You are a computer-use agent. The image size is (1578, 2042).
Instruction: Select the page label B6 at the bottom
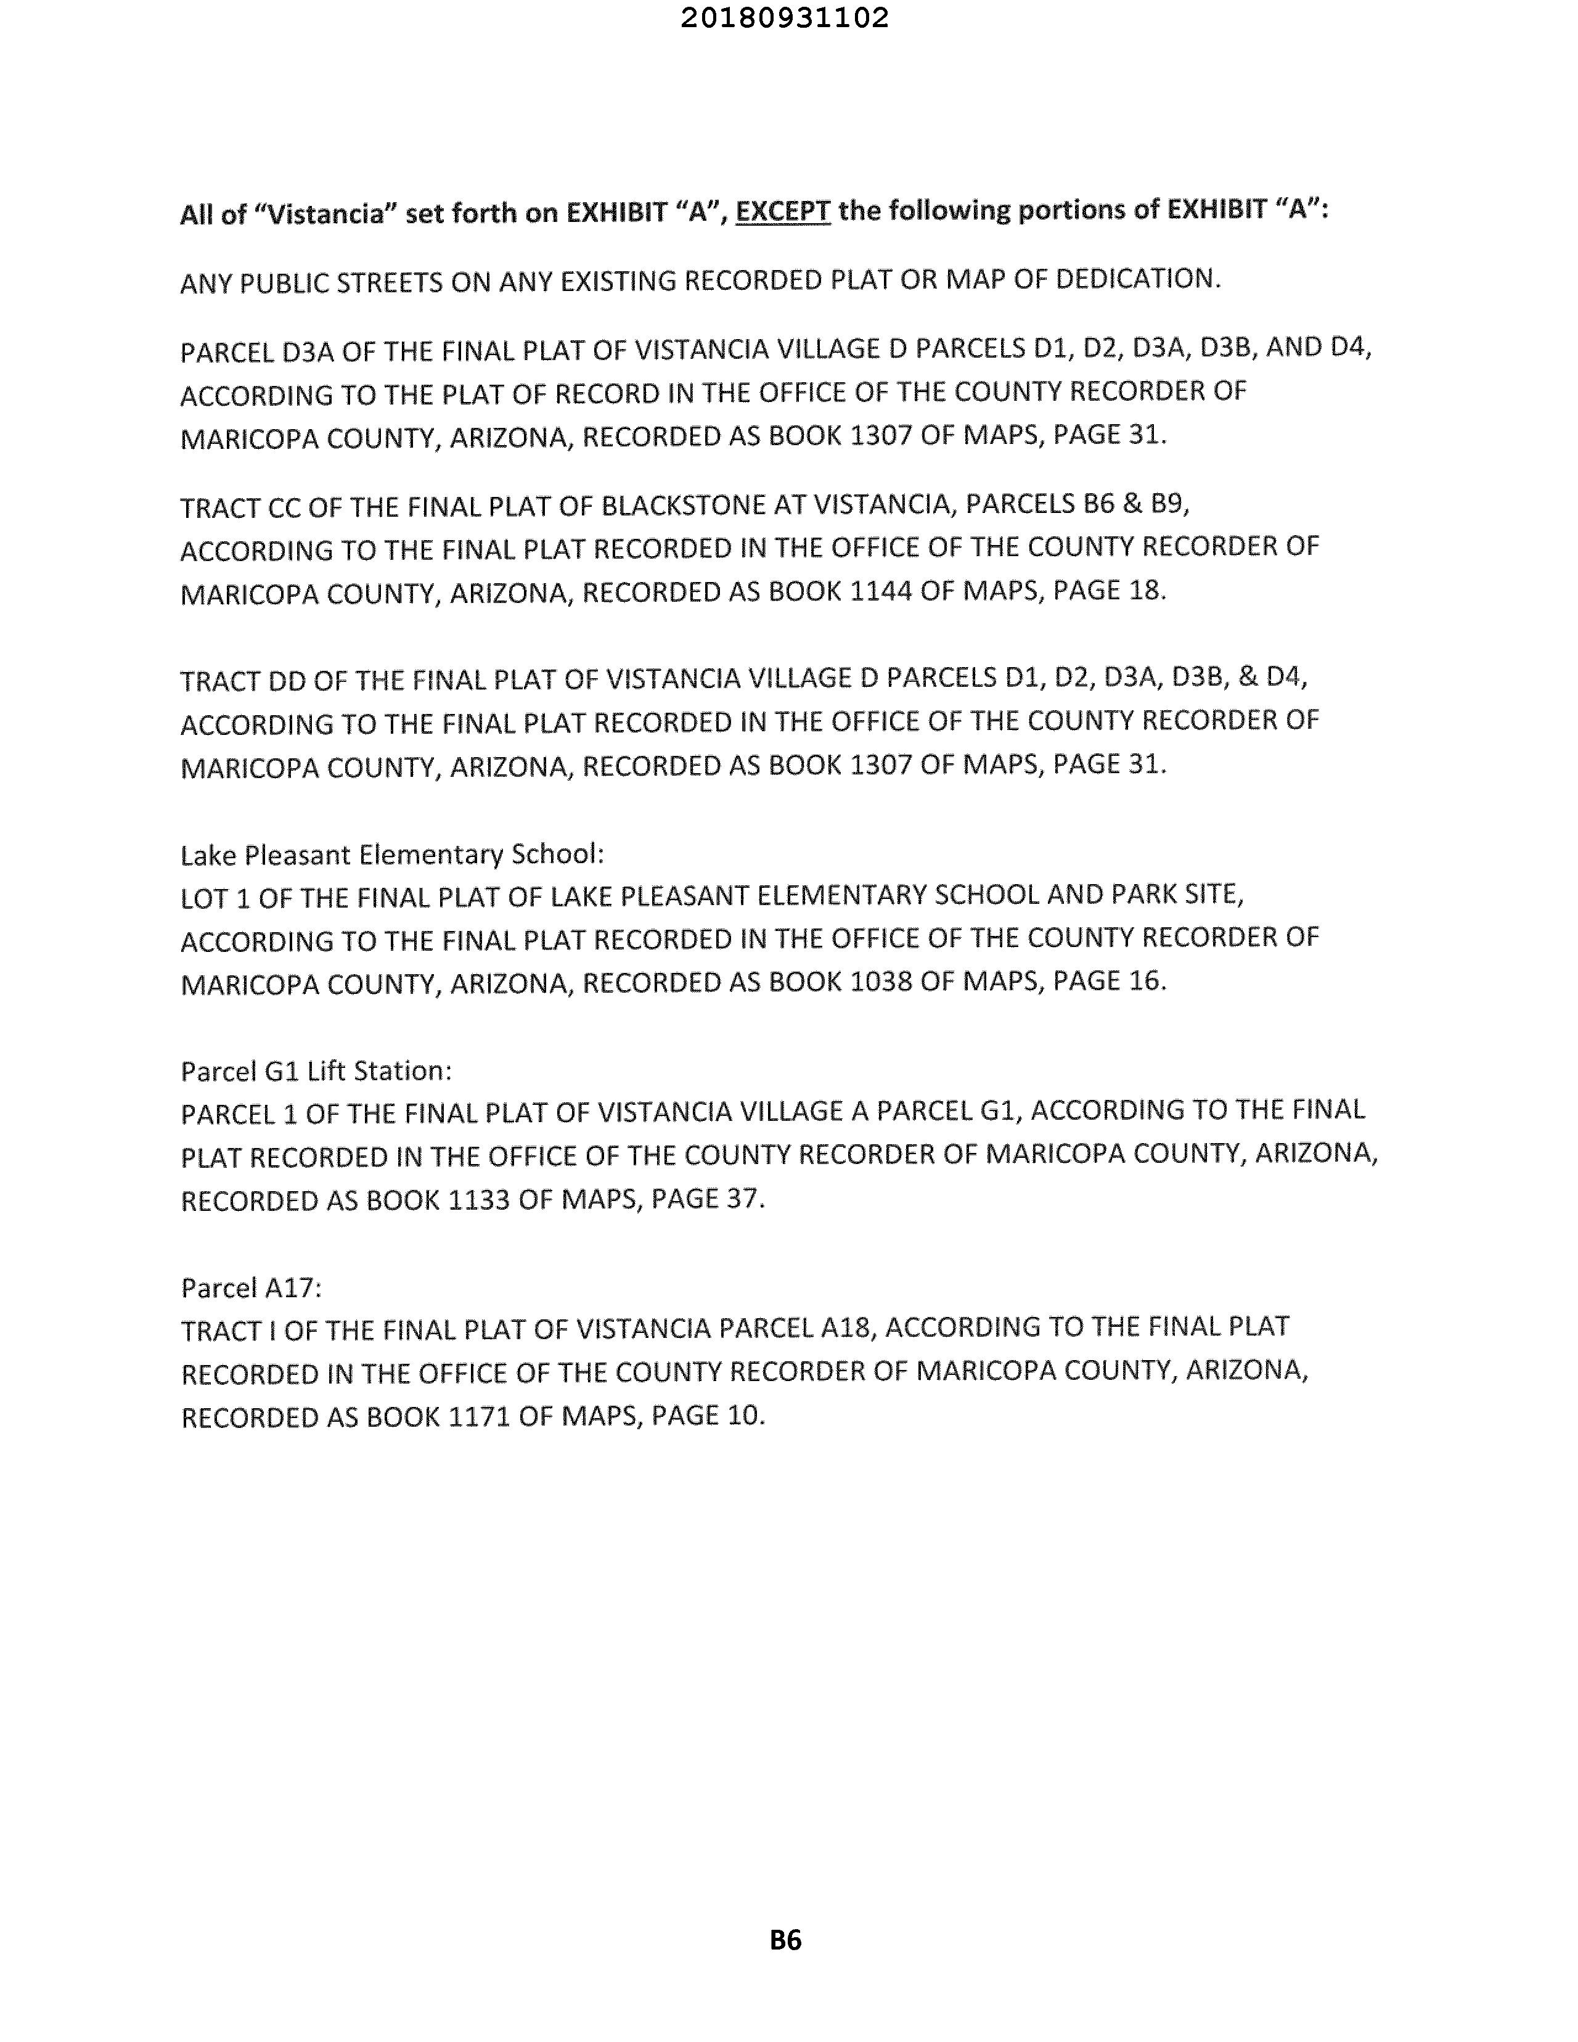click(x=785, y=1940)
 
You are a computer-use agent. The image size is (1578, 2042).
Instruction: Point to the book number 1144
click(x=881, y=592)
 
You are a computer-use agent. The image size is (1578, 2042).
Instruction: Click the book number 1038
click(x=881, y=982)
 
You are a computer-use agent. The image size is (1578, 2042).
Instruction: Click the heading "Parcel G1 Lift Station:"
click(x=316, y=1070)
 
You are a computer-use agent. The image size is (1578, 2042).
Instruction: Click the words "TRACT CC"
click(x=240, y=507)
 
